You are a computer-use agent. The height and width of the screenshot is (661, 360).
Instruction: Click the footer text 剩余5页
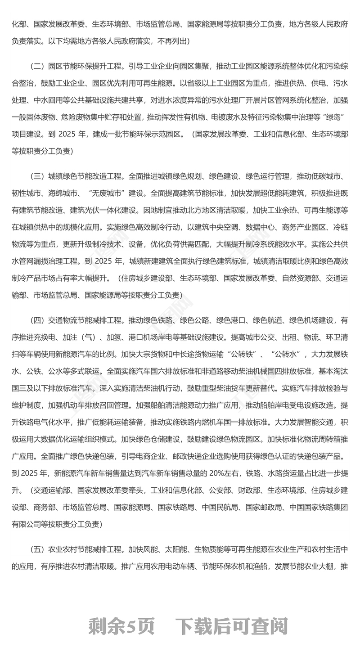[x=121, y=626]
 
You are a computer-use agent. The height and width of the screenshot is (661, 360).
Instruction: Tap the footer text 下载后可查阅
[x=231, y=626]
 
